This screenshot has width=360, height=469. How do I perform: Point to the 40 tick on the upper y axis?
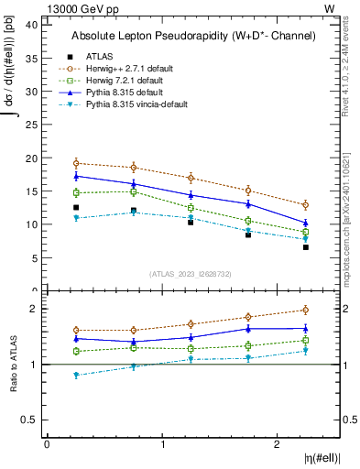(33, 25)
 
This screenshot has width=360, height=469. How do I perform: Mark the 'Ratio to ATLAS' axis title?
(14, 365)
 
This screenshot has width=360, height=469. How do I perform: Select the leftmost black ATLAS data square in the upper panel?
(76, 208)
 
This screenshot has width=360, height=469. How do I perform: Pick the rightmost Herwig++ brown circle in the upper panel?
(306, 204)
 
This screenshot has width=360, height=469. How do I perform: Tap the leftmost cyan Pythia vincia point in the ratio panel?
(76, 375)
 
